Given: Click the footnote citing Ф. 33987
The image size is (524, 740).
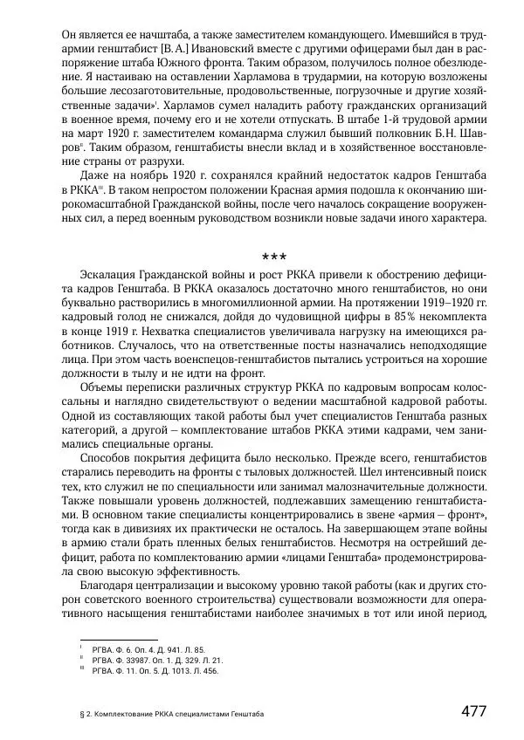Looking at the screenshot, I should coord(151,660).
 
